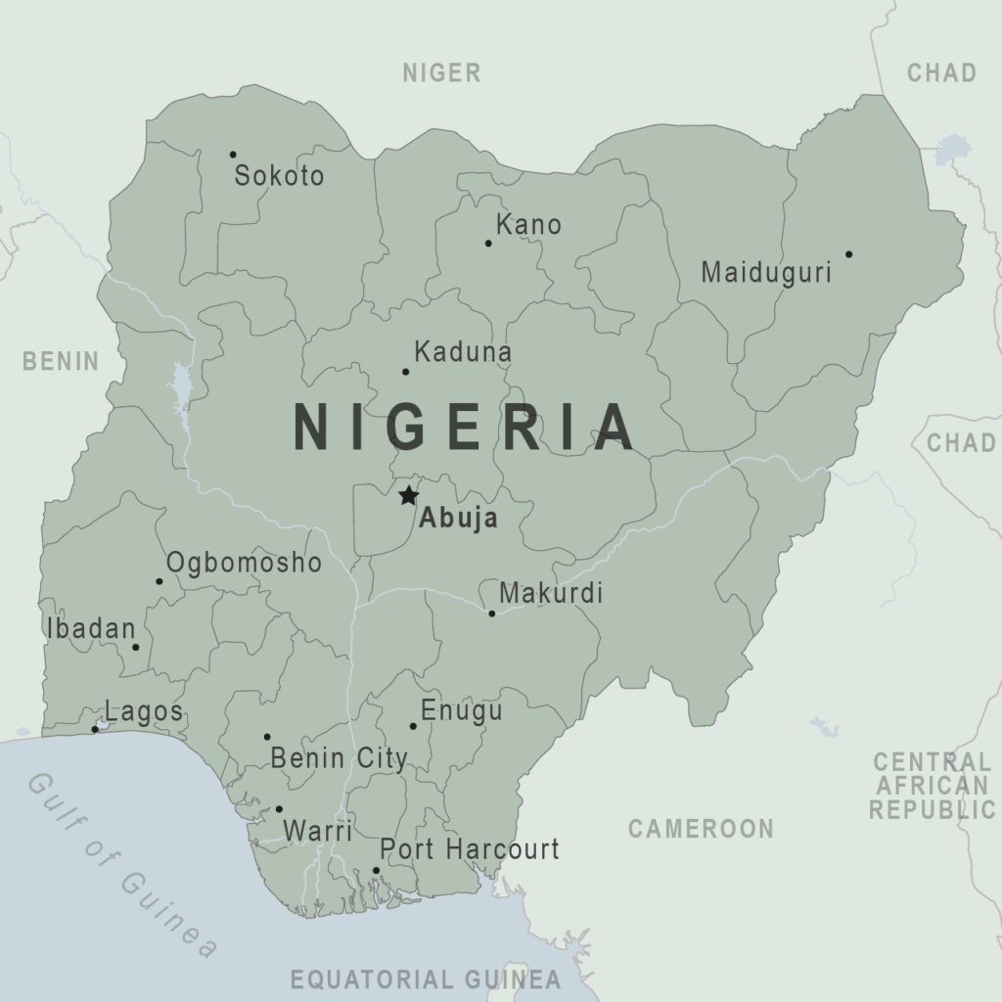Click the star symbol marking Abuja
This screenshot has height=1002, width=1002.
(408, 496)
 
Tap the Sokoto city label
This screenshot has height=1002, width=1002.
(279, 176)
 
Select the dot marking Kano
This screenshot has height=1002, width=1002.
(488, 243)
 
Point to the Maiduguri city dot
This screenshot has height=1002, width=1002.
(848, 254)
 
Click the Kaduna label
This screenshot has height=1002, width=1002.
(463, 352)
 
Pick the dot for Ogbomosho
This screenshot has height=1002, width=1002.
(159, 581)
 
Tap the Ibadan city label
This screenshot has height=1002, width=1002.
(90, 629)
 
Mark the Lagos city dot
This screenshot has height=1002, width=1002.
(95, 729)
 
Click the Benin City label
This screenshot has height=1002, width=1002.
(339, 758)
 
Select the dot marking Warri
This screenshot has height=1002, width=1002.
(279, 809)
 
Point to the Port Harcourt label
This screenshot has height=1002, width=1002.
(469, 849)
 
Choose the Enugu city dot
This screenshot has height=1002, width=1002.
(413, 726)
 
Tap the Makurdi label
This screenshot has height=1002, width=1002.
(551, 593)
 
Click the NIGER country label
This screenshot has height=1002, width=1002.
(442, 72)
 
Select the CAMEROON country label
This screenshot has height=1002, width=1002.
(701, 829)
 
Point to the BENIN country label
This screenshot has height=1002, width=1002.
(61, 361)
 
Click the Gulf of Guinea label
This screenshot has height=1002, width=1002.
(122, 863)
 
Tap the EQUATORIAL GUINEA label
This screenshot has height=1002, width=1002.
(426, 979)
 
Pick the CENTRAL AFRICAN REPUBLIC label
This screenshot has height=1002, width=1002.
(932, 785)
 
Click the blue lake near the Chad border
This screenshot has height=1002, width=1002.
(949, 150)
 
